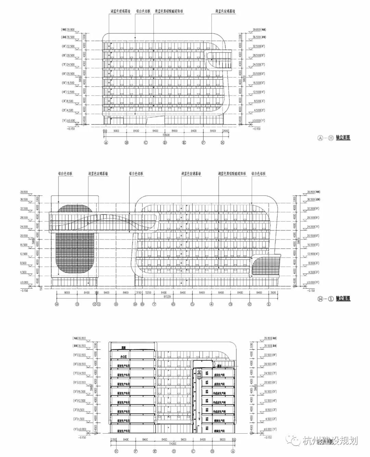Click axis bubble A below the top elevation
(106, 143)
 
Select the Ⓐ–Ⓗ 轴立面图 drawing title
(334, 138)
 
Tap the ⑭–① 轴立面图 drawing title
(334, 299)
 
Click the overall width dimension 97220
(167, 297)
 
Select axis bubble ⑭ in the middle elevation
(57, 304)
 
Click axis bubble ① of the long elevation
(269, 304)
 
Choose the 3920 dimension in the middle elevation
(273, 292)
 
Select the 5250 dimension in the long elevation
(148, 292)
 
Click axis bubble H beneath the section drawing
(117, 452)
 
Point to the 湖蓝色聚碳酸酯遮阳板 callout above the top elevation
(169, 11)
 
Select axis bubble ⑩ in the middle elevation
(116, 304)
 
